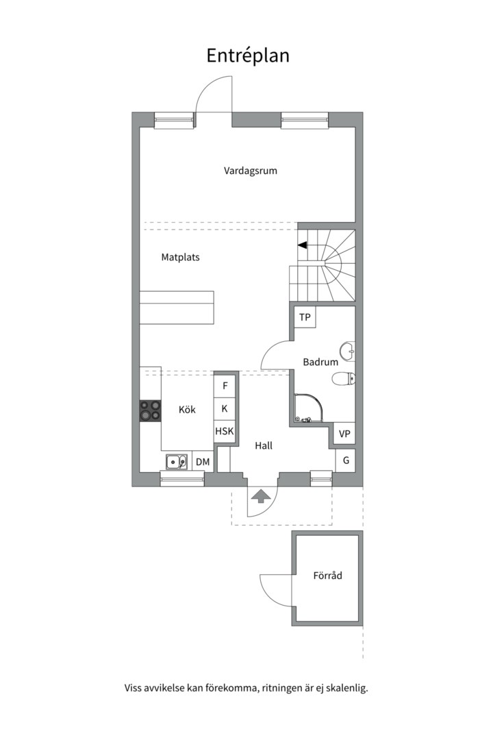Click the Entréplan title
(248, 56)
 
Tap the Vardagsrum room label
(250, 171)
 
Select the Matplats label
(180, 257)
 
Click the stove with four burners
(150, 410)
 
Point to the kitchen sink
(177, 462)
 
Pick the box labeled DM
(203, 462)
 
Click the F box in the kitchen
(225, 386)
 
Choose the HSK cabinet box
(225, 431)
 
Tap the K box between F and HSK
(225, 408)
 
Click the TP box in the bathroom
(305, 317)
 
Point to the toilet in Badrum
(344, 379)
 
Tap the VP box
(344, 433)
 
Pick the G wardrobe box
(345, 460)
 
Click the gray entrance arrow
(260, 497)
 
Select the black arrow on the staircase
(303, 245)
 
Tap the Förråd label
(327, 576)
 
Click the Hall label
(263, 445)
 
